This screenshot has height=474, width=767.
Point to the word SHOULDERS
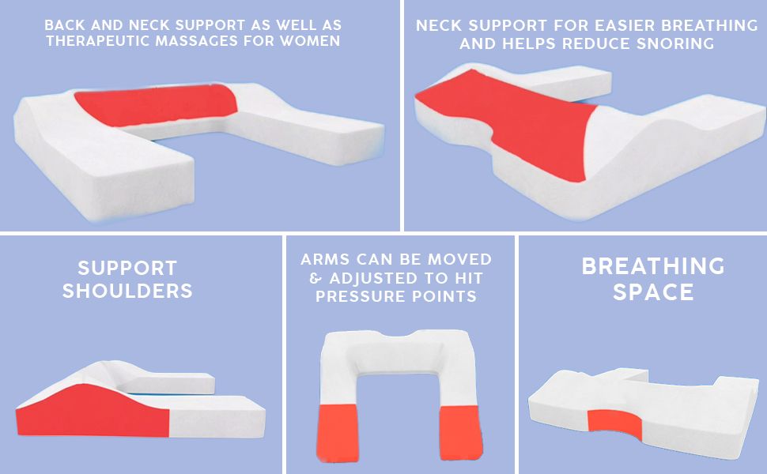(127, 291)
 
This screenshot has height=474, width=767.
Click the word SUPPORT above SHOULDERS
(127, 268)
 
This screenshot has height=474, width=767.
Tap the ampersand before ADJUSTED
(316, 278)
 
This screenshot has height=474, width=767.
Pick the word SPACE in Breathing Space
(653, 292)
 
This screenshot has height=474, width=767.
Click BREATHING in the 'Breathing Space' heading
(653, 266)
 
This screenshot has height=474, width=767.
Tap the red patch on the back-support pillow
(156, 105)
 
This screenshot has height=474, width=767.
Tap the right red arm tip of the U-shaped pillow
(461, 433)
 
